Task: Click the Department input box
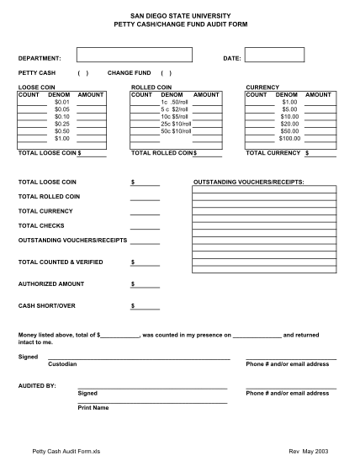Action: (x=134, y=56)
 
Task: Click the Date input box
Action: (x=274, y=56)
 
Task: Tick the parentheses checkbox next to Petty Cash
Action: (x=82, y=73)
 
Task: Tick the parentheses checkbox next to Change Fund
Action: (x=167, y=73)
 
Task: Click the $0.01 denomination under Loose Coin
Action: (x=61, y=102)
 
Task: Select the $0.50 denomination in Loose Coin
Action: (x=61, y=131)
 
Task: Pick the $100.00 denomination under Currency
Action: (x=290, y=138)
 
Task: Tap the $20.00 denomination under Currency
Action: (x=290, y=124)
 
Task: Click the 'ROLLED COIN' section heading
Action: (x=151, y=87)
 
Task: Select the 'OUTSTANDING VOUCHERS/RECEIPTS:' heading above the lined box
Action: (x=249, y=182)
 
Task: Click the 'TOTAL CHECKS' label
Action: (x=41, y=225)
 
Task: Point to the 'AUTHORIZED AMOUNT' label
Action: (x=51, y=283)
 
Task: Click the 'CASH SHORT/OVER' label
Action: (x=47, y=305)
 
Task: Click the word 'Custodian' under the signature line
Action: (x=63, y=364)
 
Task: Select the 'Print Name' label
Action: (x=93, y=408)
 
